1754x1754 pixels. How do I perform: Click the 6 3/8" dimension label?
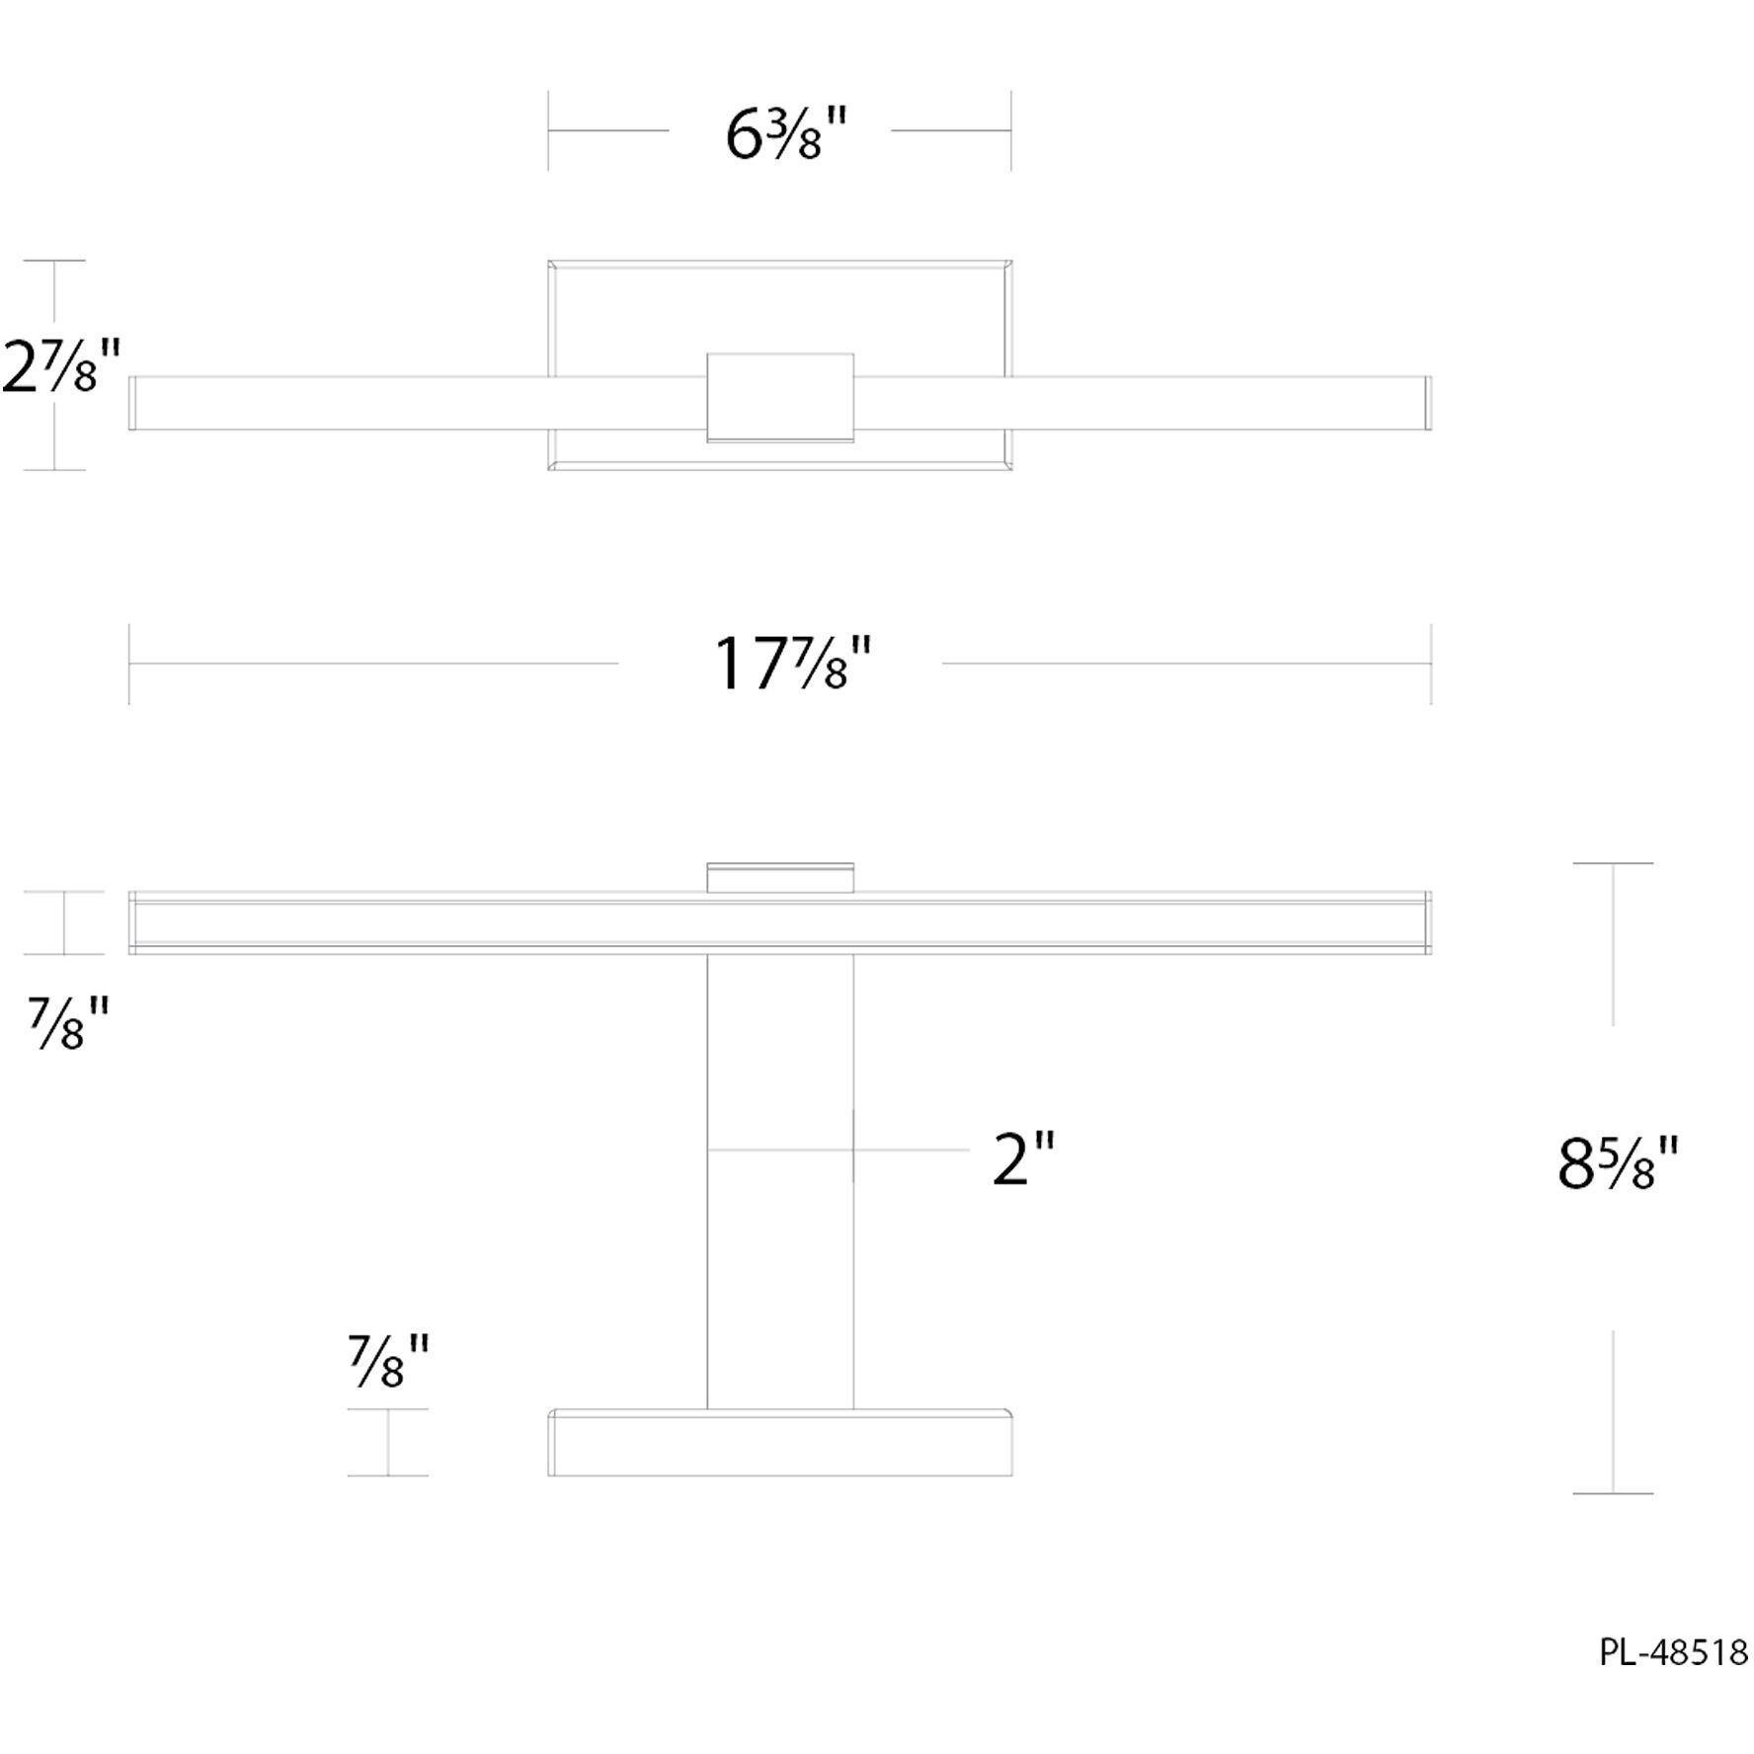pyautogui.click(x=787, y=135)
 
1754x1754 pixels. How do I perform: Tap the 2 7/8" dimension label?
pyautogui.click(x=61, y=366)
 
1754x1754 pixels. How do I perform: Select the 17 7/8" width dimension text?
pyautogui.click(x=793, y=664)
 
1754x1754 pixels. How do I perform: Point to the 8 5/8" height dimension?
pyautogui.click(x=1617, y=1164)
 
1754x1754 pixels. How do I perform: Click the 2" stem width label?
pyautogui.click(x=1023, y=1159)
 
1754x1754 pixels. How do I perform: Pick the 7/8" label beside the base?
pyautogui.click(x=388, y=1362)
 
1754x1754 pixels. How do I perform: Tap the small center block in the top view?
pyautogui.click(x=780, y=397)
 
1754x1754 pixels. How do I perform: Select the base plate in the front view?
pyautogui.click(x=780, y=1443)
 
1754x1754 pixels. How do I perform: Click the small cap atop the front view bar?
pyautogui.click(x=780, y=878)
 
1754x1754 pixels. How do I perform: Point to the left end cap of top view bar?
pyautogui.click(x=132, y=403)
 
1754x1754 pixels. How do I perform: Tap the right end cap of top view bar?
pyautogui.click(x=1427, y=403)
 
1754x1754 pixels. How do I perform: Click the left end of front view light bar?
pyautogui.click(x=134, y=923)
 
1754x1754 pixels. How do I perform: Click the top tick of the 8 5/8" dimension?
pyautogui.click(x=1613, y=863)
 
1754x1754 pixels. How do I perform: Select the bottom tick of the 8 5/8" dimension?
pyautogui.click(x=1613, y=1493)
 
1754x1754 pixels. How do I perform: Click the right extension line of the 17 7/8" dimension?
pyautogui.click(x=1431, y=664)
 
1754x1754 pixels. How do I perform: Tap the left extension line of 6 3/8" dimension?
pyautogui.click(x=549, y=130)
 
